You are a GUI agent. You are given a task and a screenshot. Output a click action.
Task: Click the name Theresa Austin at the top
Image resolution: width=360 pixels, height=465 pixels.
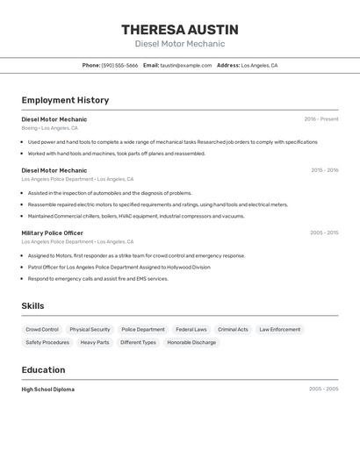click(x=180, y=30)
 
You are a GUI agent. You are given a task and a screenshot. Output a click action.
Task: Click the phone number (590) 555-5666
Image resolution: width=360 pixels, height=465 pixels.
click(x=119, y=66)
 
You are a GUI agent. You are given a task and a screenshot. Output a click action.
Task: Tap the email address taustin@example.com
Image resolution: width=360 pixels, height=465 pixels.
click(x=186, y=66)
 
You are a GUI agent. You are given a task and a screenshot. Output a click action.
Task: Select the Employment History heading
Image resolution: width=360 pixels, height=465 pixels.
click(x=65, y=100)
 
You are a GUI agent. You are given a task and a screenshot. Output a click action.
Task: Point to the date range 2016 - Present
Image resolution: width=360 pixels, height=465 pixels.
click(x=321, y=119)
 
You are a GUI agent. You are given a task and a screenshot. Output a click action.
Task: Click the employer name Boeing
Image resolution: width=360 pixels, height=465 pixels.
click(x=30, y=128)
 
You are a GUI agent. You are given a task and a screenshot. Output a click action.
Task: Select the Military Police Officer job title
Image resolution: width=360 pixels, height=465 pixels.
click(x=53, y=233)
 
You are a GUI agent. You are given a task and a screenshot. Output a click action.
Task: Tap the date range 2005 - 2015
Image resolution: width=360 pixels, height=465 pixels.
click(x=324, y=233)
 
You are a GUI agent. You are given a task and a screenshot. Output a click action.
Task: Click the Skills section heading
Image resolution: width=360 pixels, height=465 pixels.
click(x=33, y=305)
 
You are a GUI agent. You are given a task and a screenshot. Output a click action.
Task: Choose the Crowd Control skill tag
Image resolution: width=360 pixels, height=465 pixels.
click(x=42, y=330)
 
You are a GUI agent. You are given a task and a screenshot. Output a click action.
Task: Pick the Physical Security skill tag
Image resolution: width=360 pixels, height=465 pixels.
click(x=90, y=330)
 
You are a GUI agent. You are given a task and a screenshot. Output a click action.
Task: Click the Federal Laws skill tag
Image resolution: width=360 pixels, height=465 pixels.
click(x=191, y=330)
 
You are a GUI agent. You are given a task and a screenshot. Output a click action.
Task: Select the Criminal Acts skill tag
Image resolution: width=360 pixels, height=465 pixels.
click(x=233, y=330)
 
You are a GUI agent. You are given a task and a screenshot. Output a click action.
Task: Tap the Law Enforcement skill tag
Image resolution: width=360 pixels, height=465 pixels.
click(x=280, y=330)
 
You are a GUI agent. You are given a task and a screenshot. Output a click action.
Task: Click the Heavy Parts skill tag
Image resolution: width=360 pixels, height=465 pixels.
click(x=95, y=342)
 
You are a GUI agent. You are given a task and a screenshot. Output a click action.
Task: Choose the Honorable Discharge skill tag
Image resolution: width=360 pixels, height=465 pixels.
click(x=191, y=342)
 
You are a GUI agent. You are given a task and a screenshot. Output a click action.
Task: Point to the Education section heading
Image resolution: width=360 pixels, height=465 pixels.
click(x=43, y=370)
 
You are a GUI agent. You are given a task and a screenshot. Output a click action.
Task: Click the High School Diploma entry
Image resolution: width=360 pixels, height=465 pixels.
click(x=48, y=390)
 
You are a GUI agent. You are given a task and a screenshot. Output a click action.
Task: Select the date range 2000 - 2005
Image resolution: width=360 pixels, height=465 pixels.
click(x=324, y=389)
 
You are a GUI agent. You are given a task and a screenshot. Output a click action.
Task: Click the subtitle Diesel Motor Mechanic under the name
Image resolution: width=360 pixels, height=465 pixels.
click(x=180, y=44)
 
